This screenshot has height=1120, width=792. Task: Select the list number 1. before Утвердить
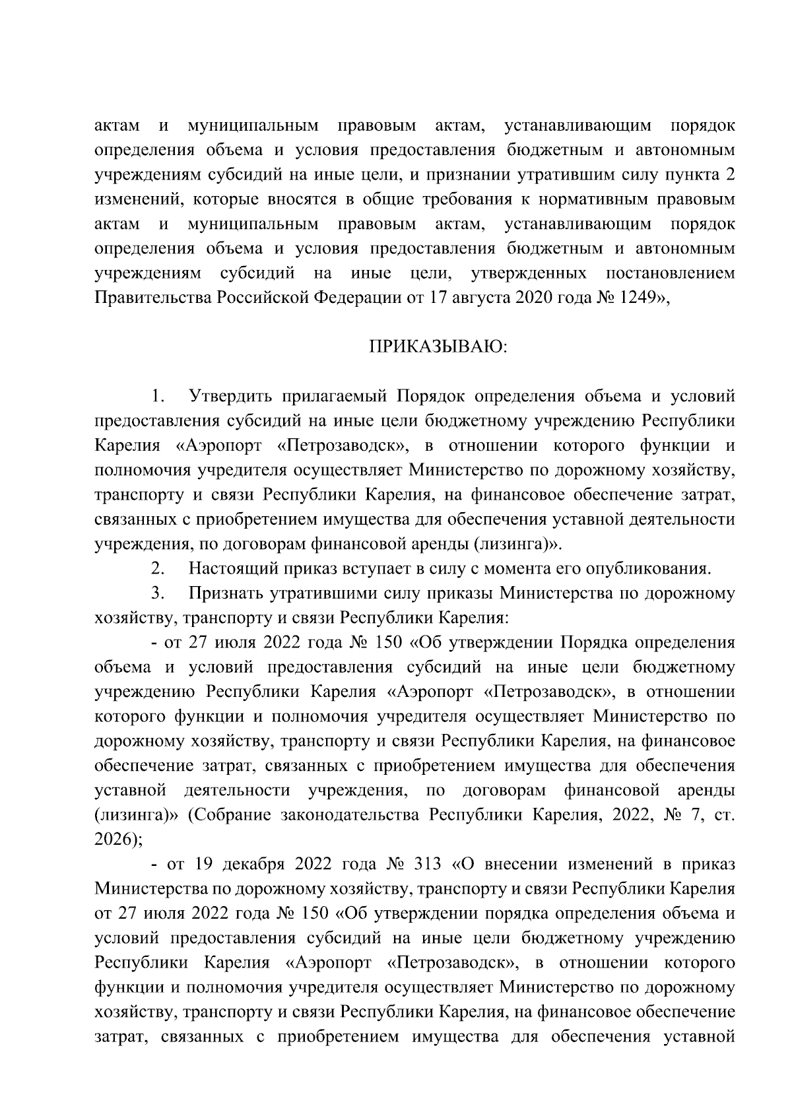coord(157,397)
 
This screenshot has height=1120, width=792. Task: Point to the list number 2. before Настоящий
coord(157,568)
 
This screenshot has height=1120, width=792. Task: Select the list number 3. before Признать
coord(157,593)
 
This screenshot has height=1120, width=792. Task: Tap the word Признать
coord(227,593)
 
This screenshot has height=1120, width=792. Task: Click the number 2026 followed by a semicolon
coord(113,840)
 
